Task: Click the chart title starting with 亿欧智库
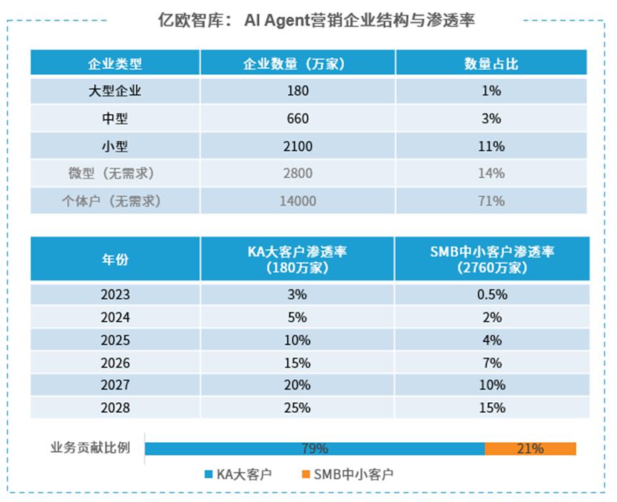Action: tap(316, 20)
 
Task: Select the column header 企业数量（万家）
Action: tap(297, 63)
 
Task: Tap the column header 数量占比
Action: tap(491, 63)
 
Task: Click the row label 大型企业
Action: tap(115, 91)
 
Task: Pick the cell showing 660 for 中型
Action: tap(297, 118)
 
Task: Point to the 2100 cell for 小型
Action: tap(297, 146)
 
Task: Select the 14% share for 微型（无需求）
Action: tap(491, 173)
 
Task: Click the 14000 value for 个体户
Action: tap(297, 201)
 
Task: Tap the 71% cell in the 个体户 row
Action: tap(491, 201)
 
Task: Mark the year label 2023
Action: tap(115, 294)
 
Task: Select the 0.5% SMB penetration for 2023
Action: tap(492, 294)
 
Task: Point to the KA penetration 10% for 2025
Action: tap(297, 340)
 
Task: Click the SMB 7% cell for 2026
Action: tap(492, 362)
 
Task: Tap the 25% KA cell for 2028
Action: tap(297, 408)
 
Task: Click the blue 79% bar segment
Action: tap(315, 449)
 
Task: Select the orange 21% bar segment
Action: tap(530, 449)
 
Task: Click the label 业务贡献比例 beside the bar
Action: tap(90, 449)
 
